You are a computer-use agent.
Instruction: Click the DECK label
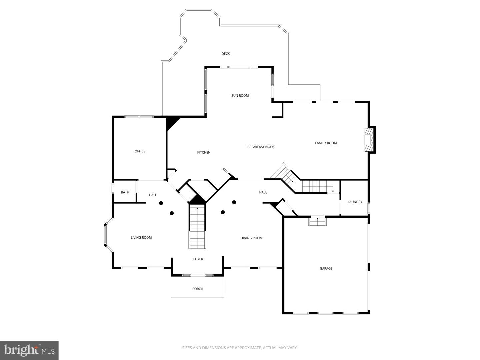(x=226, y=54)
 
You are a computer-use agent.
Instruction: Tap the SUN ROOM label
(x=240, y=96)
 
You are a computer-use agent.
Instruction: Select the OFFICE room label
(x=140, y=151)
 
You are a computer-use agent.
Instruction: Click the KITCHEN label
(x=204, y=153)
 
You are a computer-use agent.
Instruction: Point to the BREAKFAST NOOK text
(x=261, y=147)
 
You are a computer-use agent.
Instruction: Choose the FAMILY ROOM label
(x=326, y=143)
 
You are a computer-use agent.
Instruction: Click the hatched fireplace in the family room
(x=368, y=140)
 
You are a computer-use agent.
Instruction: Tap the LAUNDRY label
(x=355, y=202)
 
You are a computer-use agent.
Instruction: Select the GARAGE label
(x=326, y=269)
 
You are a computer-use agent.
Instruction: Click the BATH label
(x=125, y=192)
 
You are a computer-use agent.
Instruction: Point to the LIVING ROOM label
(x=141, y=238)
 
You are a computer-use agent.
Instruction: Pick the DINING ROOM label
(x=251, y=238)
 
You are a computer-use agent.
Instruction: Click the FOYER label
(x=198, y=259)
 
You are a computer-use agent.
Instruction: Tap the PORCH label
(x=198, y=289)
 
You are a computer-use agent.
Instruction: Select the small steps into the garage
(x=317, y=221)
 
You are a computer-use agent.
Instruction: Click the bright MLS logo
(x=29, y=350)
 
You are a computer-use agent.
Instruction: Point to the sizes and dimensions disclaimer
(x=240, y=348)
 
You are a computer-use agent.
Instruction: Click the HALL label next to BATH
(x=153, y=195)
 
